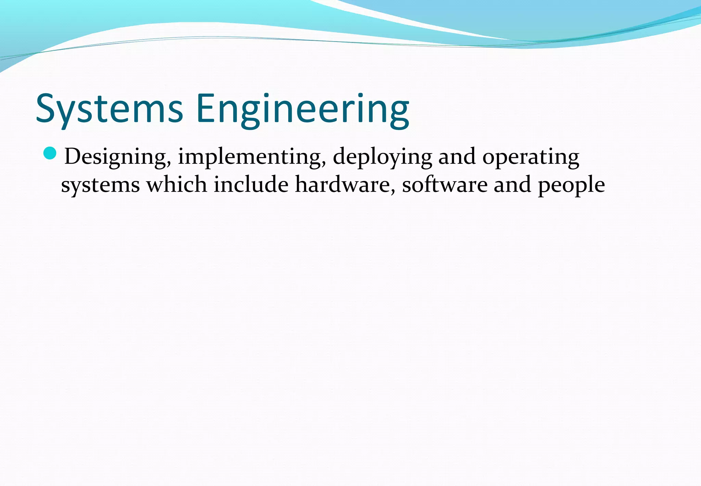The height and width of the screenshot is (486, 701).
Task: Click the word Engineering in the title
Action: pyautogui.click(x=303, y=109)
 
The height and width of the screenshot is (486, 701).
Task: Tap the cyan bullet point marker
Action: pyautogui.click(x=50, y=153)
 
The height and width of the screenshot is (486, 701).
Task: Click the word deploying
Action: pyautogui.click(x=382, y=157)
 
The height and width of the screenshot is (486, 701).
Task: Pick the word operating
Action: pyautogui.click(x=531, y=157)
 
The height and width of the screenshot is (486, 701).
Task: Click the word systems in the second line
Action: pyautogui.click(x=100, y=185)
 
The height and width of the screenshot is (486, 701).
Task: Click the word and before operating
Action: pyautogui.click(x=457, y=157)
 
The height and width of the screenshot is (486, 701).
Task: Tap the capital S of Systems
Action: pyautogui.click(x=46, y=109)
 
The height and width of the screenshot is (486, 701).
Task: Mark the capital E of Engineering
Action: pyautogui.click(x=206, y=109)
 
